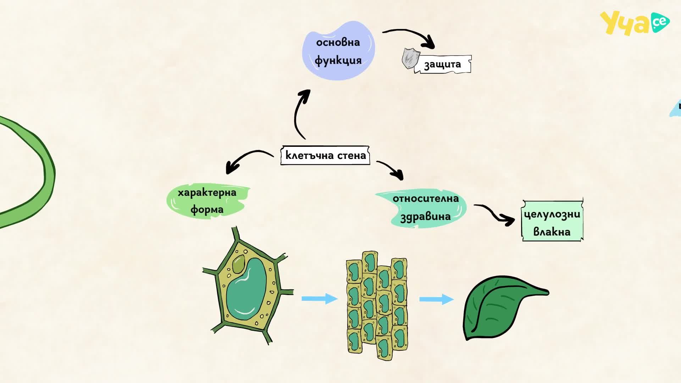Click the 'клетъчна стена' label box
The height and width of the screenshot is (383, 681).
pyautogui.click(x=325, y=155)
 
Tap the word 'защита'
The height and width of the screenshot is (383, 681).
pyautogui.click(x=442, y=65)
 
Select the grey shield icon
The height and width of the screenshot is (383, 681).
pyautogui.click(x=411, y=59)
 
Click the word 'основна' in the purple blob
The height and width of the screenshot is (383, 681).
pyautogui.click(x=338, y=43)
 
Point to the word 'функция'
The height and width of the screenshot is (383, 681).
pyautogui.click(x=338, y=60)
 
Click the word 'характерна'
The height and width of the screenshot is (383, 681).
pyautogui.click(x=207, y=193)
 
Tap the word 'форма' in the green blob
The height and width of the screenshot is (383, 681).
pyautogui.click(x=207, y=209)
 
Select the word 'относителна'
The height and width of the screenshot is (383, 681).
pyautogui.click(x=425, y=199)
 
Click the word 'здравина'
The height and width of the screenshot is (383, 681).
pyautogui.click(x=425, y=216)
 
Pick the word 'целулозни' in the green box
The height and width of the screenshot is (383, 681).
pyautogui.click(x=552, y=215)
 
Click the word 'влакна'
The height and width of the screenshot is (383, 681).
pyautogui.click(x=552, y=232)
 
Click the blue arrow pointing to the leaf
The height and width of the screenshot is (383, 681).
pyautogui.click(x=436, y=299)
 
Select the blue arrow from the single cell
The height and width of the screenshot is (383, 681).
pyautogui.click(x=319, y=299)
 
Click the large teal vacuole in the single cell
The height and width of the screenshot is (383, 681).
pyautogui.click(x=246, y=289)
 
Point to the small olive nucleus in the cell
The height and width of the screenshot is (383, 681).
pyautogui.click(x=238, y=264)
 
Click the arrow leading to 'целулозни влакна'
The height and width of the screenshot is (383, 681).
pyautogui.click(x=494, y=214)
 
